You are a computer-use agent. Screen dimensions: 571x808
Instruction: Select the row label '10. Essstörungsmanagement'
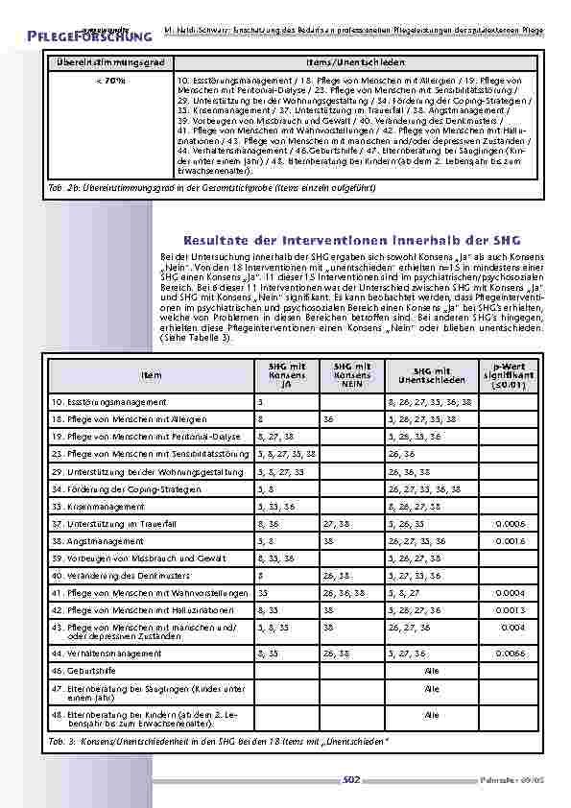click(108, 402)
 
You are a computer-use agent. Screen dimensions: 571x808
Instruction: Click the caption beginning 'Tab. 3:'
click(219, 742)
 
